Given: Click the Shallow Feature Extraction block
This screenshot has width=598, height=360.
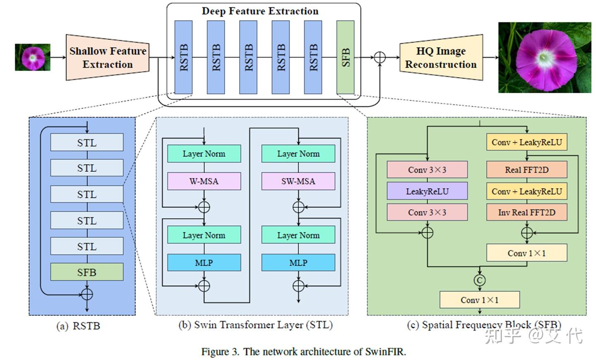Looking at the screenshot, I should [x=107, y=58].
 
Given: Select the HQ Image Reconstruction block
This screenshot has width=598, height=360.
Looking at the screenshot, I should [x=441, y=58].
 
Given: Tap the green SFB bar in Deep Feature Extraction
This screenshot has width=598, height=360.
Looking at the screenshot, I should [x=345, y=58].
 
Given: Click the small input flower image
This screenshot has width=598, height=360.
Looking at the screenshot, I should [x=33, y=57].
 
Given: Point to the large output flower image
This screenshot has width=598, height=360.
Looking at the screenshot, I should [x=544, y=57].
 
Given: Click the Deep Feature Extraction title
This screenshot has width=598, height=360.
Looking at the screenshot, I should [x=260, y=11].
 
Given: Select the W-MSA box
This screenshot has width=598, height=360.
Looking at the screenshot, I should [x=204, y=181].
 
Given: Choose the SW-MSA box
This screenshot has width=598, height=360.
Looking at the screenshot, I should [x=298, y=181].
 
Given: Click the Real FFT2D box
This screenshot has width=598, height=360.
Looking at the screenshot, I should [x=526, y=170].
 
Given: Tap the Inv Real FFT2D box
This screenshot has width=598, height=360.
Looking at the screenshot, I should [x=526, y=212].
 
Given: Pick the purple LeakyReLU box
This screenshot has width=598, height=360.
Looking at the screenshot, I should [x=427, y=191].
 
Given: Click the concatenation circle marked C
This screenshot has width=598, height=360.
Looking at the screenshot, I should [x=480, y=280].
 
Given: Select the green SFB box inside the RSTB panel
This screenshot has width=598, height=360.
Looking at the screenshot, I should [x=86, y=272].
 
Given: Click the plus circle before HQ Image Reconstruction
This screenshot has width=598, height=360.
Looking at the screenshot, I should [x=379, y=58].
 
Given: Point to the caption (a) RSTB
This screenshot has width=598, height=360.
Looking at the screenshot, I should [x=78, y=326].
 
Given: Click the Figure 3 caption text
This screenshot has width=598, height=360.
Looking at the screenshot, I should [x=303, y=352].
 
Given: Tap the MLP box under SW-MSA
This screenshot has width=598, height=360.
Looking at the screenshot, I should [x=298, y=263].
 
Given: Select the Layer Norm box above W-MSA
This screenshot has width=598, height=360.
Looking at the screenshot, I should [x=204, y=154].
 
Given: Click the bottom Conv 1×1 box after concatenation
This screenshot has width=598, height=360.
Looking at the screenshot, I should [x=479, y=300].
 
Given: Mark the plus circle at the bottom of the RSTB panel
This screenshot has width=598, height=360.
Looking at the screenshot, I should [x=86, y=294].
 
